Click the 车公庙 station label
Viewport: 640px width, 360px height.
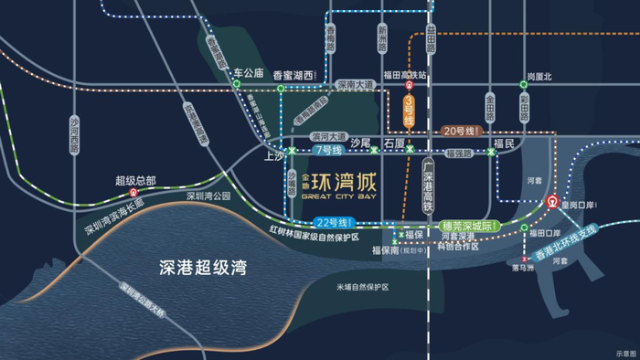[x=248, y=72]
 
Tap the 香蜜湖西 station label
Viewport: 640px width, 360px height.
[x=293, y=75]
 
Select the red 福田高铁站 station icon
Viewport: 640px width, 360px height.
[x=410, y=87]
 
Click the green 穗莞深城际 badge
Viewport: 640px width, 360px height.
[x=466, y=225]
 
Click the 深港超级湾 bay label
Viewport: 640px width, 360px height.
[x=198, y=267]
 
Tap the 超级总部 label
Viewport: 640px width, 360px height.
[x=134, y=181]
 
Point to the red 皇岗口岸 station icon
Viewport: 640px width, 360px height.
[x=551, y=202]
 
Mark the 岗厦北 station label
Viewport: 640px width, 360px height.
[x=539, y=78]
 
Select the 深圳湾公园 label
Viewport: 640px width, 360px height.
[x=209, y=196]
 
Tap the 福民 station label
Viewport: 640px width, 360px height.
[x=504, y=143]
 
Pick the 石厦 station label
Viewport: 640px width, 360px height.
[x=394, y=143]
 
